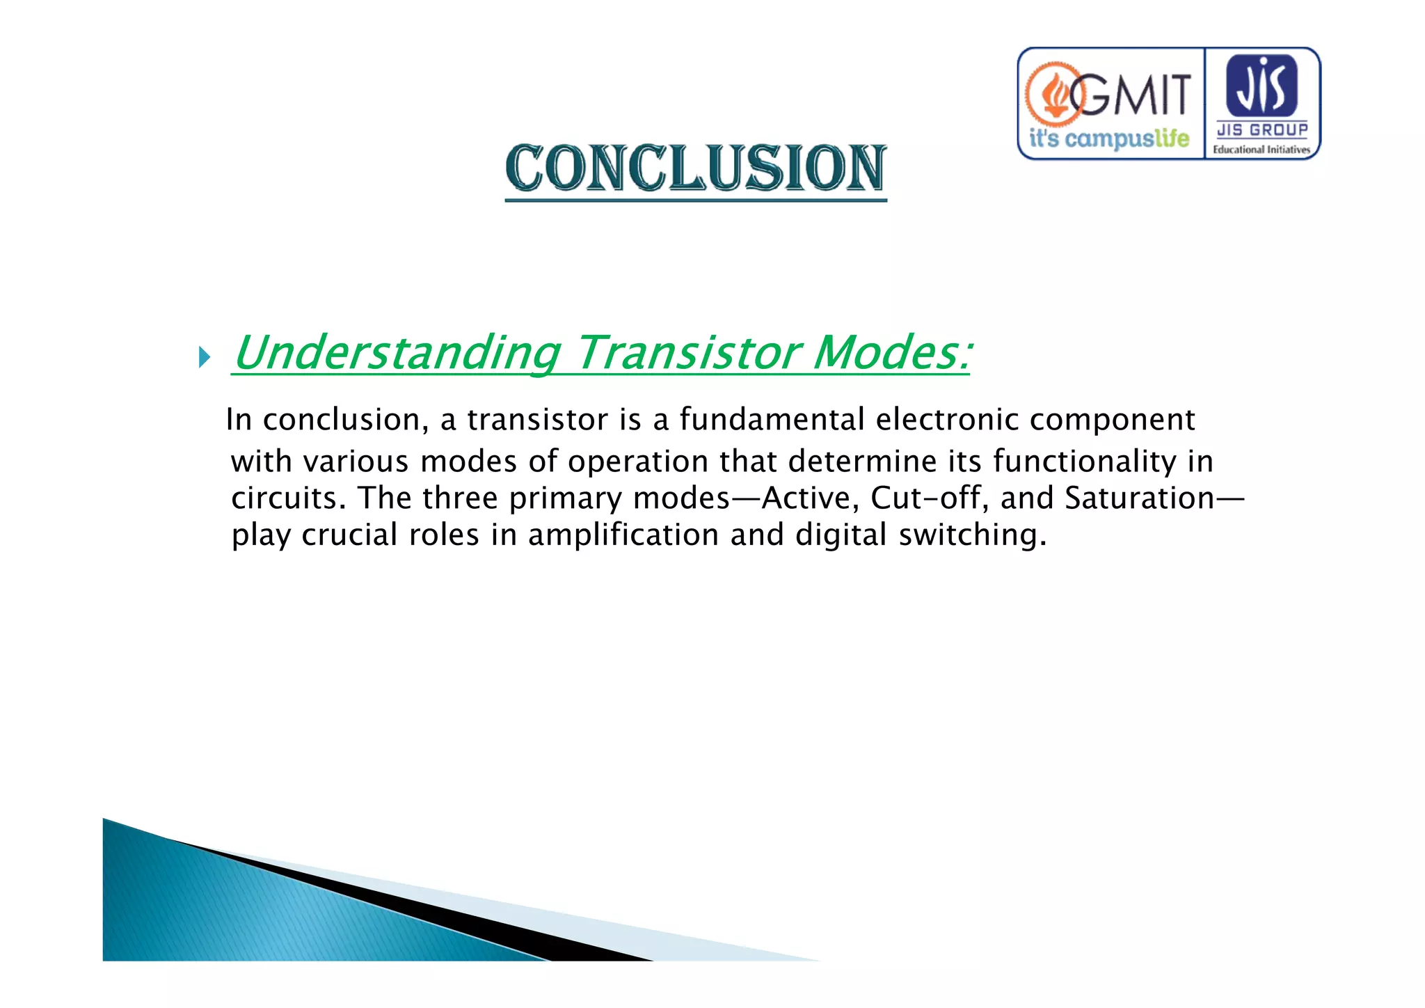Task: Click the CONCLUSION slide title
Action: coord(696,168)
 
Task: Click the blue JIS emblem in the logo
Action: coord(1261,86)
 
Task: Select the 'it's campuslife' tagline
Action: coord(1108,139)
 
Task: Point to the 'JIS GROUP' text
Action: coord(1261,129)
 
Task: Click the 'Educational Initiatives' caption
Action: coord(1261,149)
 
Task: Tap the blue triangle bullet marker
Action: coord(204,358)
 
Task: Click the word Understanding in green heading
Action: coord(397,353)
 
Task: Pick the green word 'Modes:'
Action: coord(892,353)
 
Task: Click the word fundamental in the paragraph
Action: coord(772,420)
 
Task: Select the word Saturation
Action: coord(1139,498)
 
